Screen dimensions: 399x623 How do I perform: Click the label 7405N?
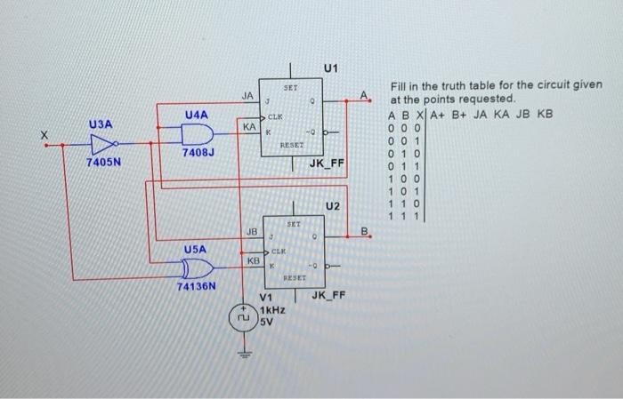pyautogui.click(x=103, y=164)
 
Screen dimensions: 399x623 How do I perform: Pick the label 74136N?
pyautogui.click(x=198, y=287)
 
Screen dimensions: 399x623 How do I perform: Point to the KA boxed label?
pyautogui.click(x=249, y=128)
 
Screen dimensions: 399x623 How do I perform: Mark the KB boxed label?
pyautogui.click(x=253, y=261)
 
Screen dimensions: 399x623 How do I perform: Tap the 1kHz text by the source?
pyautogui.click(x=272, y=312)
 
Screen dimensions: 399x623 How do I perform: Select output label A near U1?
pyautogui.click(x=363, y=96)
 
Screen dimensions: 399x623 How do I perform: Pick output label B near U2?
pyautogui.click(x=363, y=232)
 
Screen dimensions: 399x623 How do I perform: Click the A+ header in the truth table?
pyautogui.click(x=439, y=115)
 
